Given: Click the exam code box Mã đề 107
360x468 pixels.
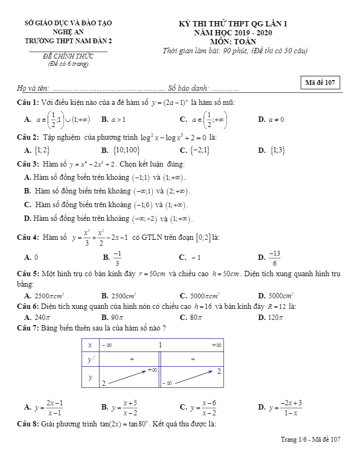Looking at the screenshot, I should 320,83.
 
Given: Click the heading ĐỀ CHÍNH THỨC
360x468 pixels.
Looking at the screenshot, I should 69,56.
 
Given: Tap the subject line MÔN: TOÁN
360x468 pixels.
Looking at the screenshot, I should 232,41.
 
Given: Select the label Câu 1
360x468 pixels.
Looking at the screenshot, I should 27,102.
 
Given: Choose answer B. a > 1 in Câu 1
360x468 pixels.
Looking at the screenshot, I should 113,120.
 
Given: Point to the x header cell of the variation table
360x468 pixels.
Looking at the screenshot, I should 91,345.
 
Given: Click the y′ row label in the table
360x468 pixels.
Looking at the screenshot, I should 91,359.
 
